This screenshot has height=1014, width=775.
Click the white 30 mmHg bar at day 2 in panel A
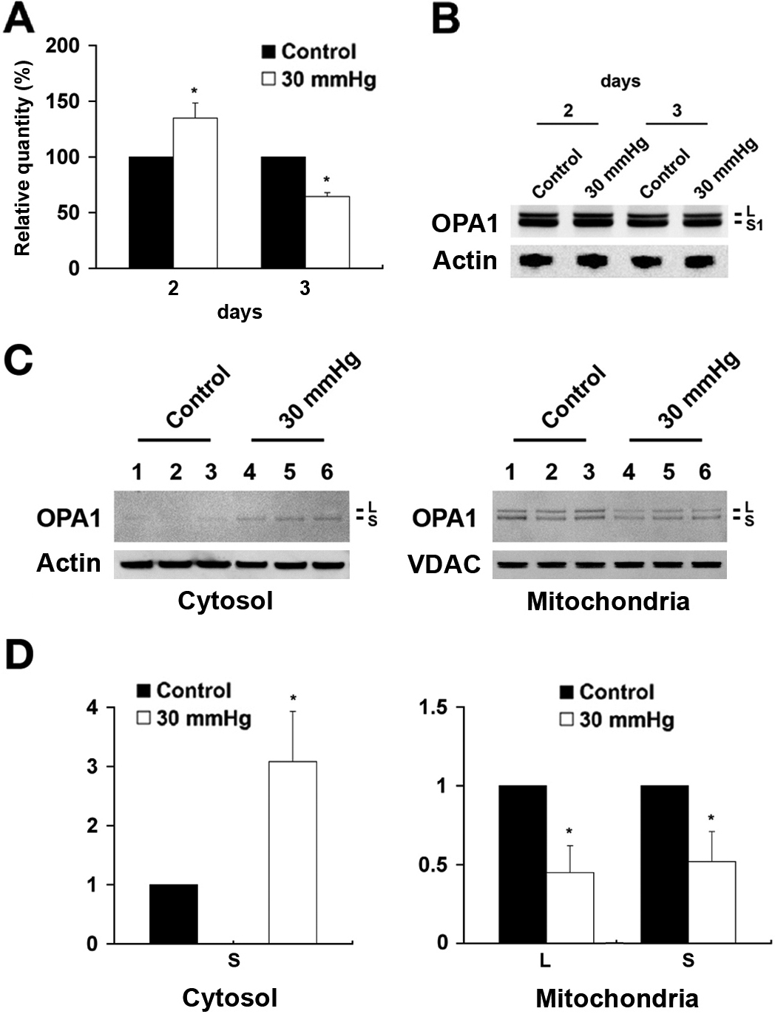[x=195, y=192]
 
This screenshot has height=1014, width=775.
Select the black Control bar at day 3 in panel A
[x=283, y=212]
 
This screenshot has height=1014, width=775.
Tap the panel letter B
[x=446, y=19]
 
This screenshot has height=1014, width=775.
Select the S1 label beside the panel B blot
[x=754, y=225]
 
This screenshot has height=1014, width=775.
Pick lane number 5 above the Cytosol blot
[x=289, y=471]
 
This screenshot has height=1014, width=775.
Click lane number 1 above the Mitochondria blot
[x=510, y=471]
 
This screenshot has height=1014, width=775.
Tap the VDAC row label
[x=444, y=564]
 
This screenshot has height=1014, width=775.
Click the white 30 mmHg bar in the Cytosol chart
[x=292, y=852]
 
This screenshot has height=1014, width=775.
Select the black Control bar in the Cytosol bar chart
[x=173, y=913]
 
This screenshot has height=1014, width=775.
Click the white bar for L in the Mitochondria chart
[x=569, y=907]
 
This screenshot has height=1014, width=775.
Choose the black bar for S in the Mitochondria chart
[x=664, y=864]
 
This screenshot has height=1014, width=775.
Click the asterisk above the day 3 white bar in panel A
[x=326, y=180]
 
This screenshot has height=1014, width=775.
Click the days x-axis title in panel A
[x=240, y=312]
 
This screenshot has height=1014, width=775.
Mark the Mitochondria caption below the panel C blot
[x=608, y=601]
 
